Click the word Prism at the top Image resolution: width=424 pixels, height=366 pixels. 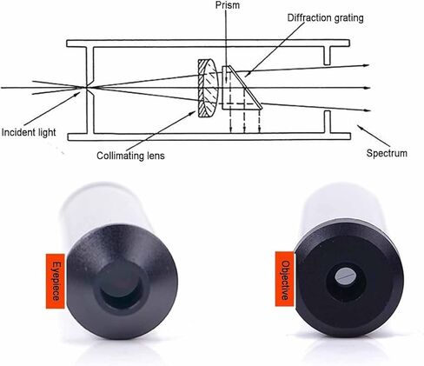click(228, 5)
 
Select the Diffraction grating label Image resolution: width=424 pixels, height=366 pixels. click(325, 18)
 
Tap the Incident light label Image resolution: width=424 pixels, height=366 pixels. click(29, 132)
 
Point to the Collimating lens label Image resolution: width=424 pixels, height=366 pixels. click(130, 156)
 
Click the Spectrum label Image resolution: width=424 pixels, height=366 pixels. click(387, 153)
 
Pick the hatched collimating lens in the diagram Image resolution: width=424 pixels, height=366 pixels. click(208, 88)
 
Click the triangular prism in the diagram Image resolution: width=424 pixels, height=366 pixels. click(242, 88)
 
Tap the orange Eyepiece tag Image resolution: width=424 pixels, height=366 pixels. click(56, 281)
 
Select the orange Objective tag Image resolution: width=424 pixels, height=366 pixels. click(285, 279)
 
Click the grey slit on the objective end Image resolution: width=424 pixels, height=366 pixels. click(345, 276)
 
